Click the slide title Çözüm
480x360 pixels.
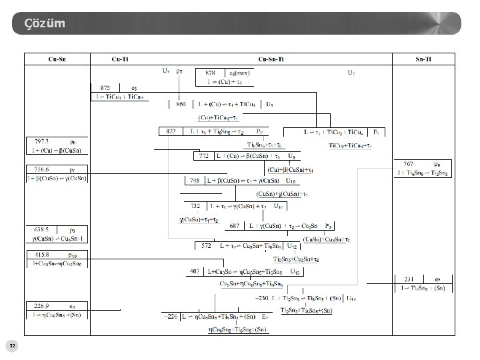click(45, 24)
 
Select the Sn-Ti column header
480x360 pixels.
click(423, 60)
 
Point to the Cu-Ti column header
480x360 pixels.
click(121, 60)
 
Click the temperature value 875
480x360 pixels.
click(105, 87)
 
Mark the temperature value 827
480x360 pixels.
click(171, 131)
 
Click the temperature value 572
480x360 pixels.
click(207, 245)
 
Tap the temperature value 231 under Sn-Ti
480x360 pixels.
click(408, 279)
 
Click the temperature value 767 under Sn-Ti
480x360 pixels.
click(408, 163)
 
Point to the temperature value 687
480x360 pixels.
click(235, 226)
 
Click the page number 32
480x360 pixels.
click(13, 345)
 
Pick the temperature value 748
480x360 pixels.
click(195, 181)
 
